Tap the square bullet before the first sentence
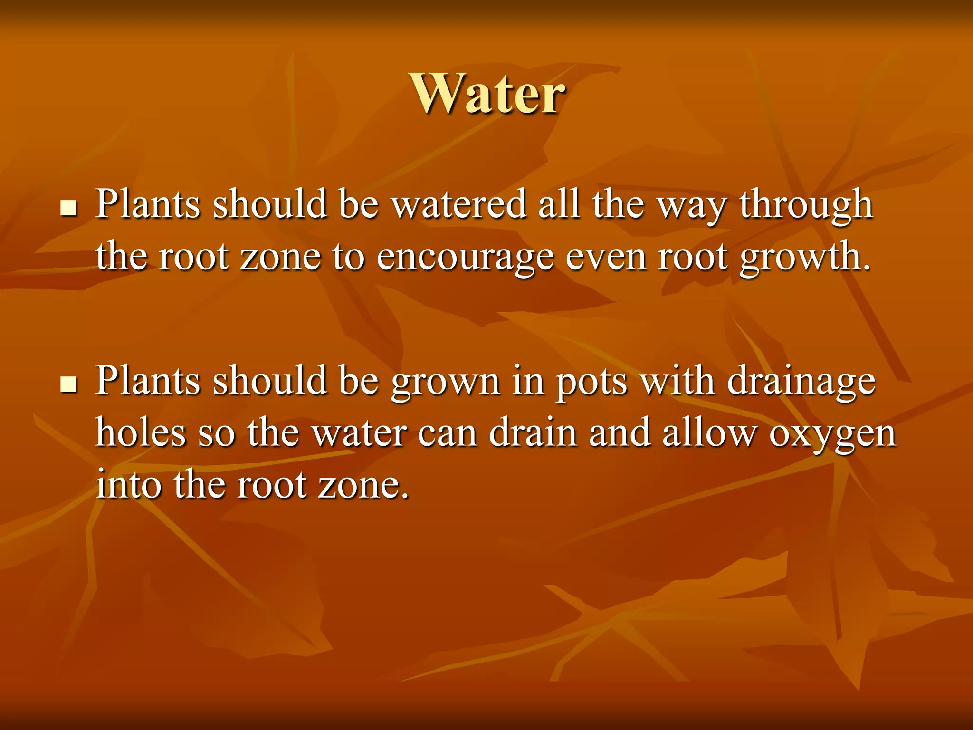coord(69,208)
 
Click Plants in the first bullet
coord(148,204)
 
